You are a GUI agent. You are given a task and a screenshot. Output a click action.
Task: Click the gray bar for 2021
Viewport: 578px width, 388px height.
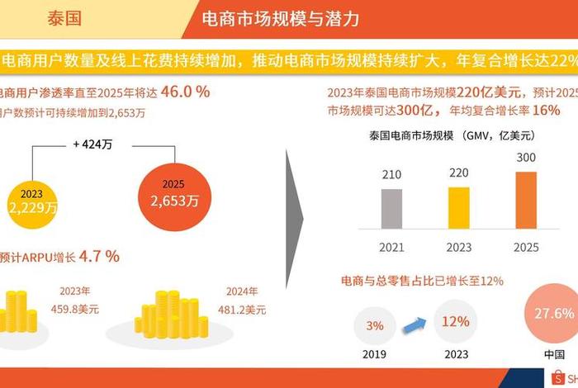pyautogui.click(x=391, y=209)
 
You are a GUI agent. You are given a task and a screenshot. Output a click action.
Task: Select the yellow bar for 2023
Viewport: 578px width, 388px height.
pyautogui.click(x=458, y=207)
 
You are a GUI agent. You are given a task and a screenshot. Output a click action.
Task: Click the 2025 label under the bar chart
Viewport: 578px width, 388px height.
pyautogui.click(x=526, y=247)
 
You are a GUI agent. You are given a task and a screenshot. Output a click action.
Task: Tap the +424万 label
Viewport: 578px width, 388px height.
pyautogui.click(x=93, y=144)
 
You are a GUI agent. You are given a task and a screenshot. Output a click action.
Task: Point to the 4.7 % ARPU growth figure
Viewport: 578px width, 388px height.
pyautogui.click(x=98, y=256)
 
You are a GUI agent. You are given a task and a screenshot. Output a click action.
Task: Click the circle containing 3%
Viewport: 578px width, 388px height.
pyautogui.click(x=375, y=326)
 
